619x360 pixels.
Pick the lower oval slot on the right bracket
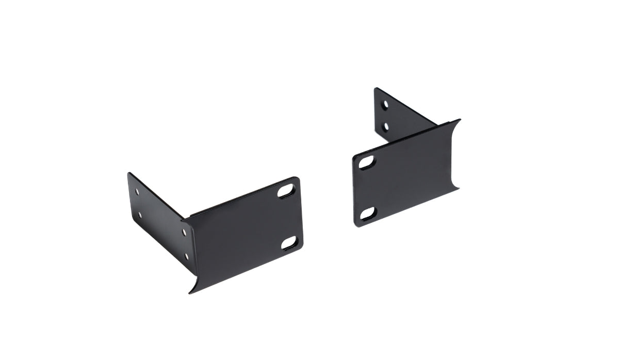coord(368,212)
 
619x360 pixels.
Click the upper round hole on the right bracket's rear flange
coord(385,105)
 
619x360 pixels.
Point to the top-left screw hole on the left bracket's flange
coord(137,191)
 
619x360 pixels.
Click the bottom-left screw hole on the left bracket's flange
coord(139,214)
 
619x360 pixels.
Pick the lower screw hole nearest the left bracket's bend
coord(186,255)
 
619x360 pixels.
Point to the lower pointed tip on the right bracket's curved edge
coord(458,189)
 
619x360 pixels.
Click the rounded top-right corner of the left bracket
coord(297,179)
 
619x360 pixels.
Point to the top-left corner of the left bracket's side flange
coord(128,174)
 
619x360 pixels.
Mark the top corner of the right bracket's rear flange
coord(376,89)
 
